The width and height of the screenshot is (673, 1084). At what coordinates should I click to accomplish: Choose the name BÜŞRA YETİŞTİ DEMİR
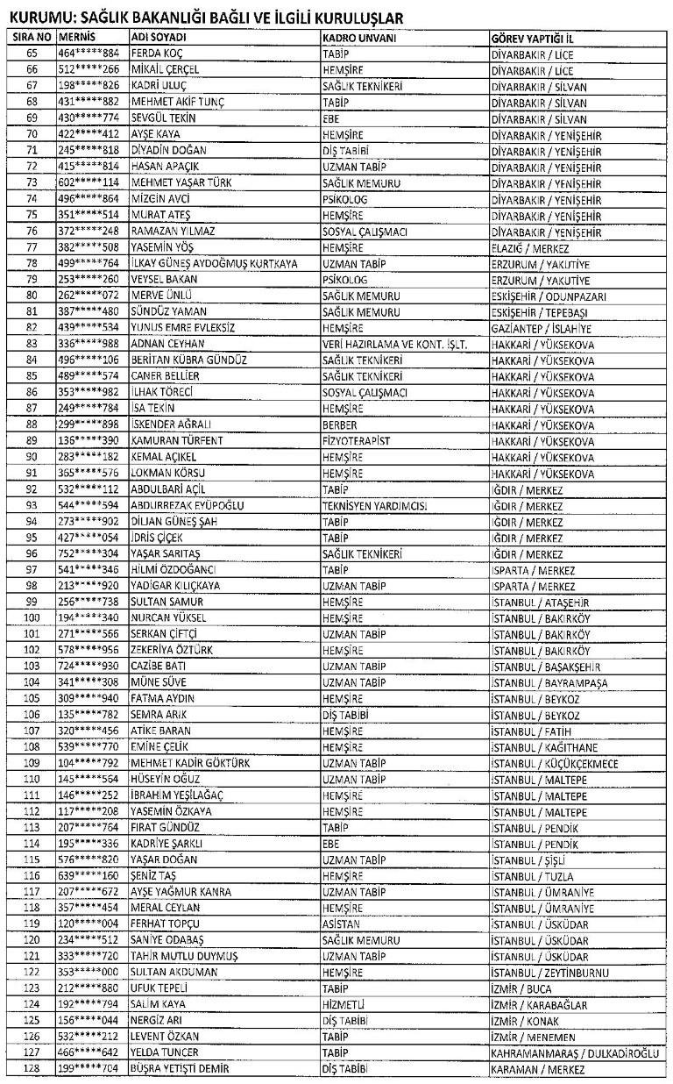pyautogui.click(x=189, y=1069)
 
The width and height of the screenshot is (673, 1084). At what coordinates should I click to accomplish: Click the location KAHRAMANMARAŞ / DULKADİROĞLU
pyautogui.click(x=578, y=1052)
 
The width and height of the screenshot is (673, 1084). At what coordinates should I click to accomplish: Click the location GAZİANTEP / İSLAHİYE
pyautogui.click(x=542, y=329)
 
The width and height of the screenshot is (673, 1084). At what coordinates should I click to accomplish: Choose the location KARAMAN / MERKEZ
pyautogui.click(x=538, y=1069)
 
